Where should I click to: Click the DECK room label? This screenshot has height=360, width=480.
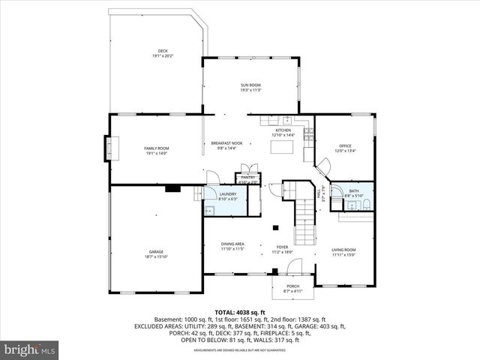(x=163, y=51)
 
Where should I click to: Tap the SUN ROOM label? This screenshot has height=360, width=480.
(x=250, y=85)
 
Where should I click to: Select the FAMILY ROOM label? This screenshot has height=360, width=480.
(x=157, y=148)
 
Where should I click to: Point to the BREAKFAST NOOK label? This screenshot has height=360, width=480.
(x=226, y=143)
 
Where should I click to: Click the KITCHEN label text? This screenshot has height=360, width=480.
(x=283, y=130)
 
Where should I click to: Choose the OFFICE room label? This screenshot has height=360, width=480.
(x=345, y=145)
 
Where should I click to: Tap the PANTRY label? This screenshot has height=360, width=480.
(x=247, y=177)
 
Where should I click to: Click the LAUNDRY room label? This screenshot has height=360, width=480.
(x=227, y=194)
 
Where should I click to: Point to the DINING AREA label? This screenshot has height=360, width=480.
(x=232, y=244)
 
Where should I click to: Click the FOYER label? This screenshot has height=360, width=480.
(x=283, y=247)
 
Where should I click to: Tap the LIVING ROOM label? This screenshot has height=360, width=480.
(x=344, y=249)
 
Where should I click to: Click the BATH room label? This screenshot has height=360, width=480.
(x=354, y=191)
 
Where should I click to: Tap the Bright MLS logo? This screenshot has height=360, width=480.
(x=29, y=349)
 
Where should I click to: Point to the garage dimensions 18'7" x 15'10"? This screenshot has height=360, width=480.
(x=156, y=256)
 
